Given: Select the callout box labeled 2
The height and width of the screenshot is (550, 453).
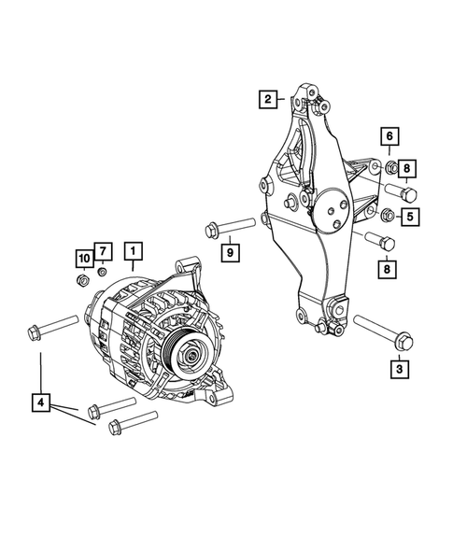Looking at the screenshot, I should pos(268,97).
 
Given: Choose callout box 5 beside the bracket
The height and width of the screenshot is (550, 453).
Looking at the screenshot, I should pos(410,218).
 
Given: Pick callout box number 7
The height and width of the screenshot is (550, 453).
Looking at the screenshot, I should pos(103,250).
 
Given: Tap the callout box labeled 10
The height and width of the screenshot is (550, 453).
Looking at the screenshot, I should pos(84,257).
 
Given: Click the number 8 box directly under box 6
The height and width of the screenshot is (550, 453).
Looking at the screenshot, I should pos(410,170).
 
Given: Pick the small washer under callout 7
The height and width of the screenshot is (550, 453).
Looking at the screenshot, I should pos(102,272).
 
